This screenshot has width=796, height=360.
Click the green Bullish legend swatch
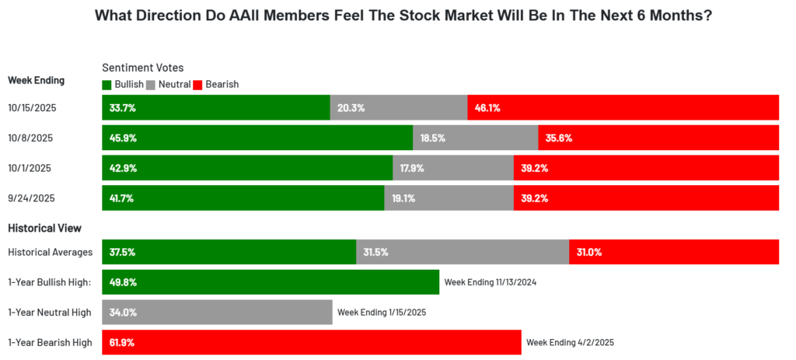coord(106,84)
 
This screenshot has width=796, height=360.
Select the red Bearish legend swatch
coord(198,84)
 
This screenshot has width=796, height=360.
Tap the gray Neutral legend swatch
coord(152,84)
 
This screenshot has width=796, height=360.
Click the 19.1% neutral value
coord(403,197)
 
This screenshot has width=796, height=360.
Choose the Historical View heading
coord(44,228)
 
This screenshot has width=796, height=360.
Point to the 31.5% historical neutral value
coord(375,252)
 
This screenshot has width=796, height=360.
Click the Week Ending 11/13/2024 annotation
coord(491,282)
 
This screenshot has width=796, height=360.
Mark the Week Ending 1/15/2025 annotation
coord(382,313)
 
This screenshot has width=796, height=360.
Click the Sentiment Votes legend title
coord(143,68)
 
